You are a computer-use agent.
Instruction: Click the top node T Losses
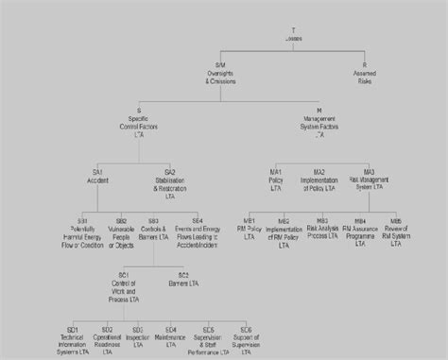(295, 34)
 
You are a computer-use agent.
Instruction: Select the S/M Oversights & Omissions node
(220, 75)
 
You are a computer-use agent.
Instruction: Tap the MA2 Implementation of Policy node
(319, 176)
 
